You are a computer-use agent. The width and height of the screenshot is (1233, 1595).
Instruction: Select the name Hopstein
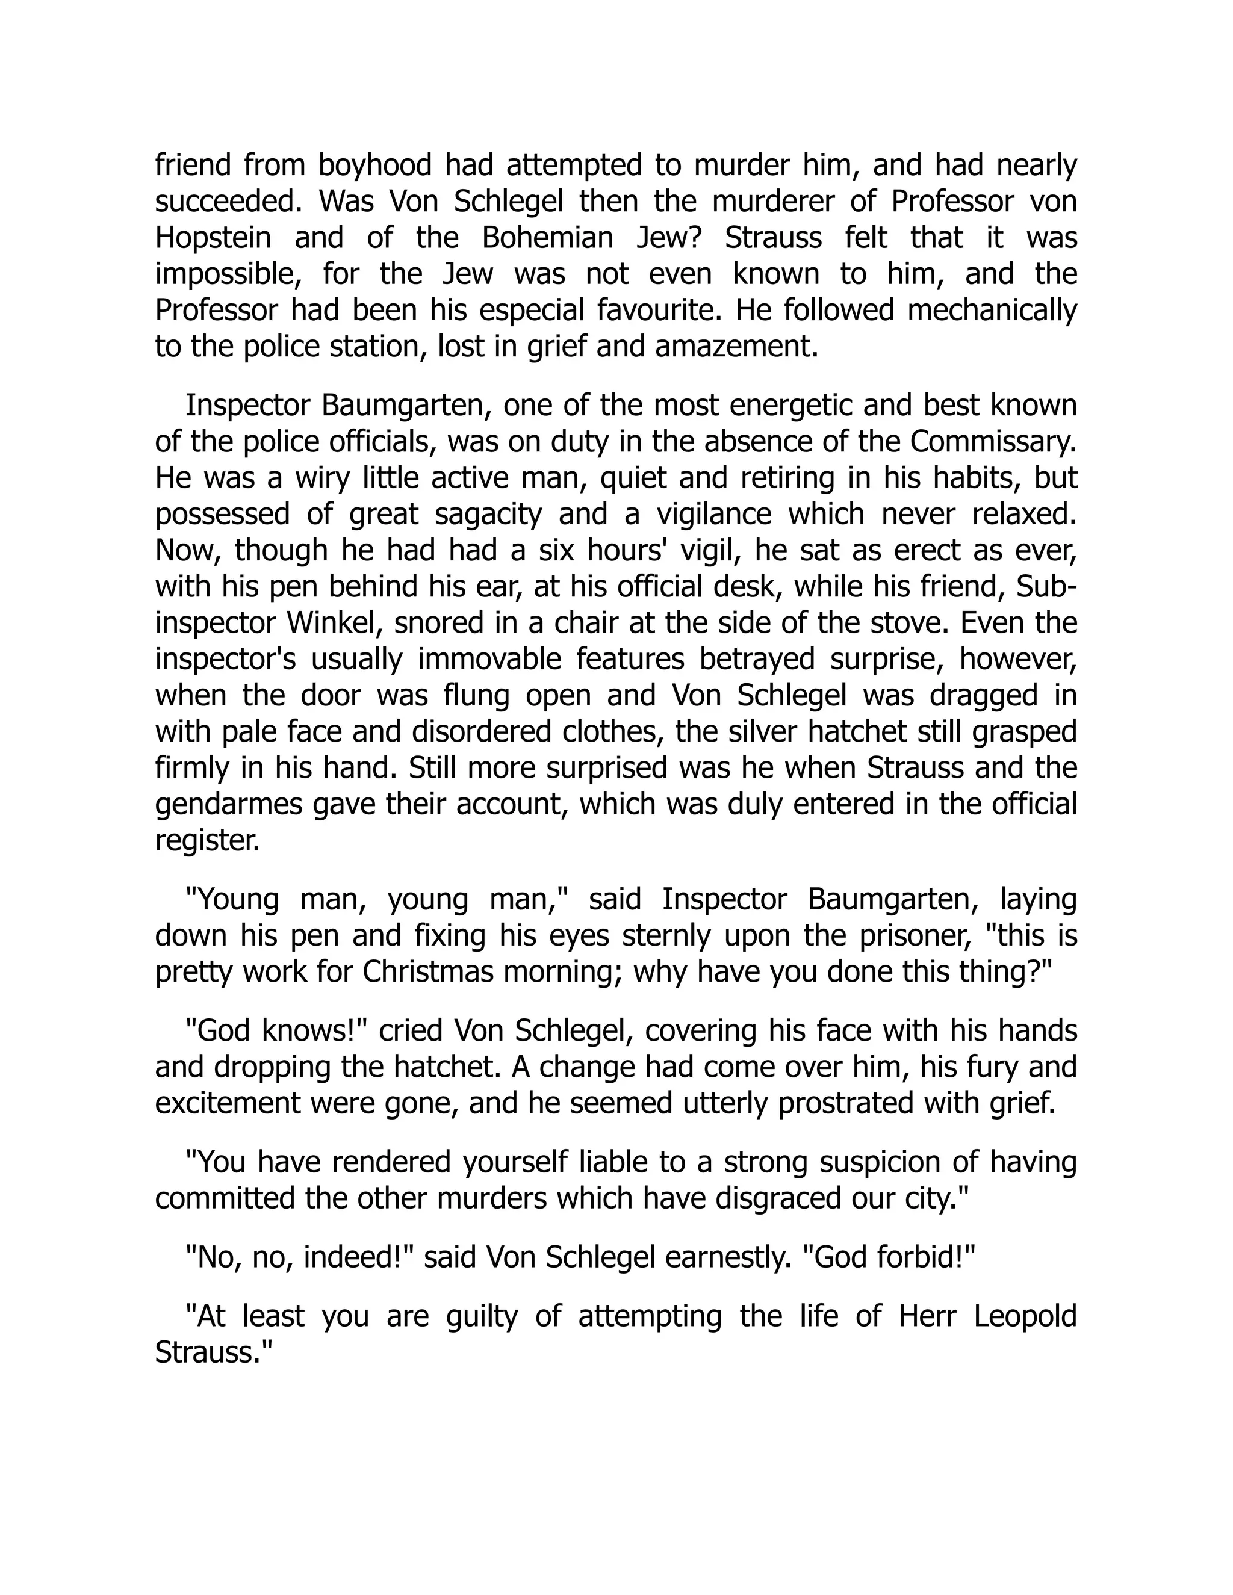click(213, 239)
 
